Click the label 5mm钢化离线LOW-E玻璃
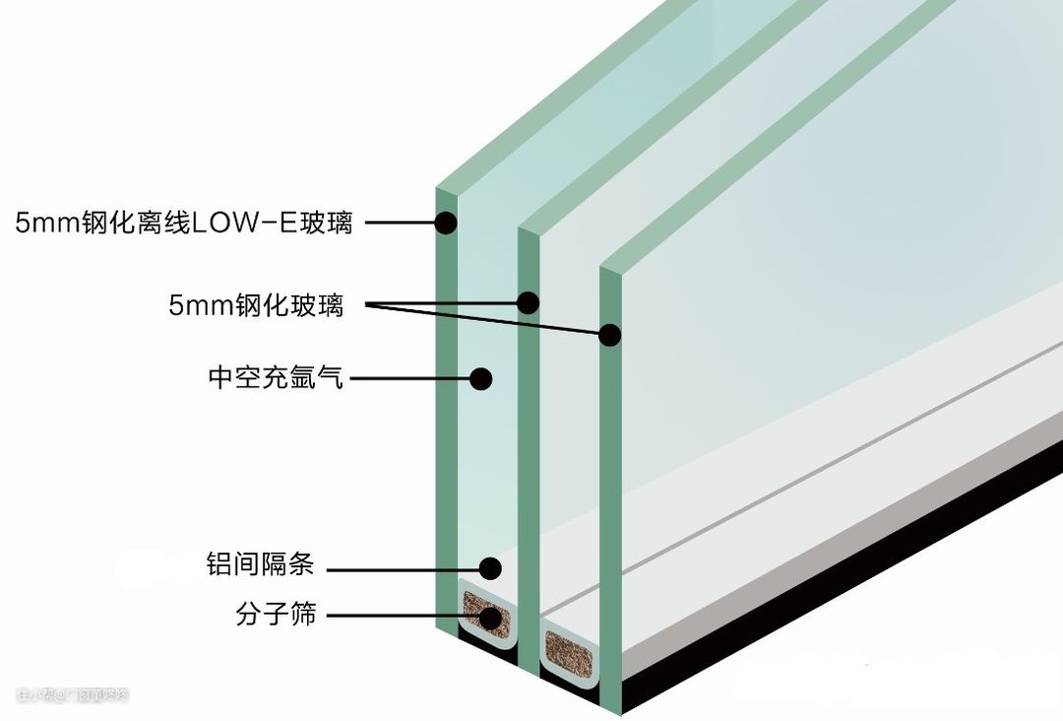[x=183, y=223]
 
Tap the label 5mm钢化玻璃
[x=256, y=305]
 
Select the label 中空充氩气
[x=276, y=377]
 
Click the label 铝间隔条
[x=260, y=565]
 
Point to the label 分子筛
[x=276, y=615]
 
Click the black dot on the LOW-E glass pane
[x=446, y=223]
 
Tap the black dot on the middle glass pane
[x=529, y=301]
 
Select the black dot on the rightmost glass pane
[x=610, y=334]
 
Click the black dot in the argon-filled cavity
[x=480, y=377]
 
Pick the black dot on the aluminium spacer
[x=490, y=567]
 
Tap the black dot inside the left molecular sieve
[x=489, y=617]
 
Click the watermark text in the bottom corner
[x=74, y=695]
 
